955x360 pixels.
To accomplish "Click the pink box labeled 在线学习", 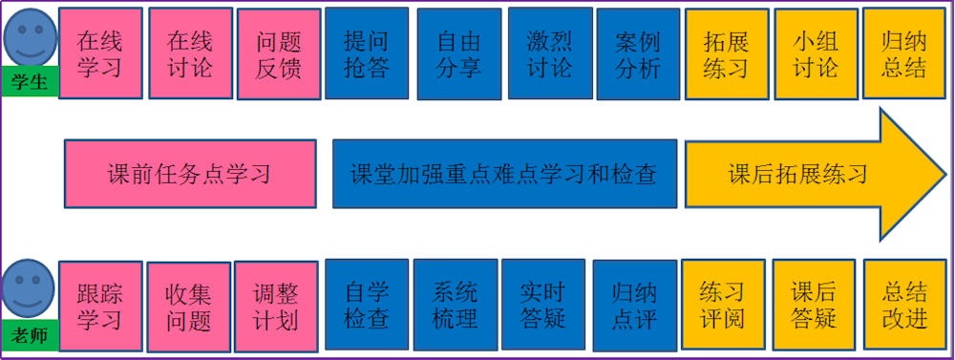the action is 100,54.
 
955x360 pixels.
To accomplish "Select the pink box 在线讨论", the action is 189,54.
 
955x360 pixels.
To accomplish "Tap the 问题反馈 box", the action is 278,54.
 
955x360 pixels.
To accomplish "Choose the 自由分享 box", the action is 457,54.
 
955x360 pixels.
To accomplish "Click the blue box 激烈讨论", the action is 549,53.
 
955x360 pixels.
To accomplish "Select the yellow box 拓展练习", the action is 725,54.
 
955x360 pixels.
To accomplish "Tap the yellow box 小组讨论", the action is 815,54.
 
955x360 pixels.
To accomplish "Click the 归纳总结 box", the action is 904,54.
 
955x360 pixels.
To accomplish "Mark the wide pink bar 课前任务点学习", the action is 189,174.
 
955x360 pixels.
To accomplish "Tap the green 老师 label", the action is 30,334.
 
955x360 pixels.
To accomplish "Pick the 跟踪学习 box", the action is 99,305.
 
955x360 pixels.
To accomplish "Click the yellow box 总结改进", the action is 904,305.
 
